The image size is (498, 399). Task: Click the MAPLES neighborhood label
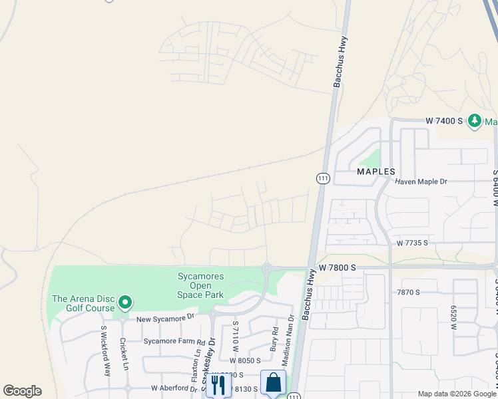376,171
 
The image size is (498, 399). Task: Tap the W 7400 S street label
444,121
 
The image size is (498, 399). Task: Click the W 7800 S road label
338,267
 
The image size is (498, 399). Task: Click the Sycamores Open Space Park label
200,285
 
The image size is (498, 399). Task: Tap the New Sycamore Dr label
165,319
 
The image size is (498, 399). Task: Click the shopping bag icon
273,383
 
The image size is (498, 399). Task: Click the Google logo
22,391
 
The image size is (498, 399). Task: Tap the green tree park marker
475,121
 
